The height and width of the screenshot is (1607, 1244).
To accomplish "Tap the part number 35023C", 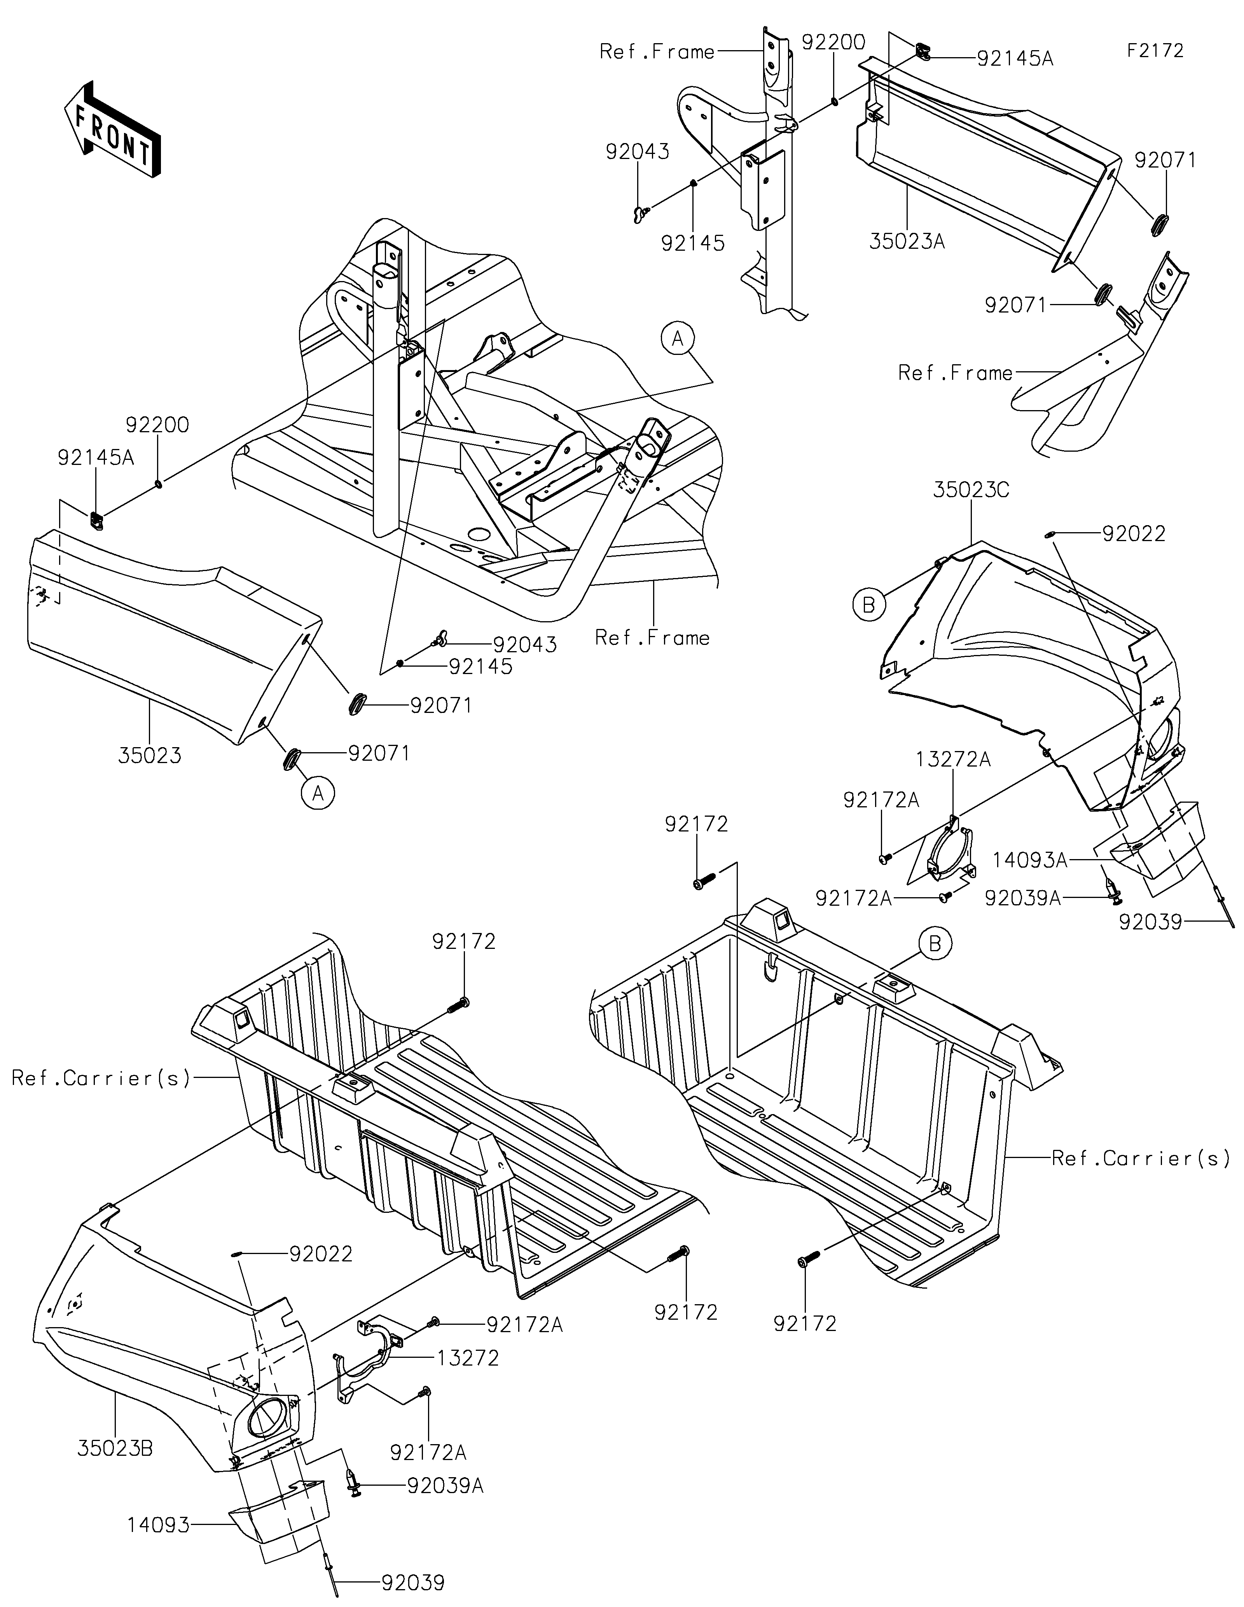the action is coord(971,490).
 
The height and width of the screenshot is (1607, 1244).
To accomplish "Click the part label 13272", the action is coord(468,1357).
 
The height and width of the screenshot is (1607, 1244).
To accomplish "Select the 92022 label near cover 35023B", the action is coord(321,1253).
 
